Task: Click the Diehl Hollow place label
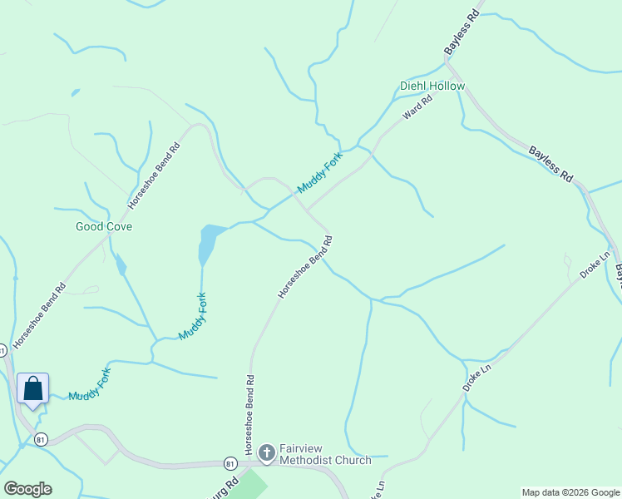[432, 86]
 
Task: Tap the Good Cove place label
[104, 226]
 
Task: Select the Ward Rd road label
[417, 109]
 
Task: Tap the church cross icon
[267, 452]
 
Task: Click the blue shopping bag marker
[32, 389]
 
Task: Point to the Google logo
[27, 489]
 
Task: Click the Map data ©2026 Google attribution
[570, 492]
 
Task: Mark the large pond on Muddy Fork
[208, 242]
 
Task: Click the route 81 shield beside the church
[230, 462]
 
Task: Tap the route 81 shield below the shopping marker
[42, 438]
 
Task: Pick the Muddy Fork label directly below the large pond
[192, 316]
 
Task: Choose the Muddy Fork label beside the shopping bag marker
[89, 384]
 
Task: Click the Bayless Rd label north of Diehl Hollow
[462, 33]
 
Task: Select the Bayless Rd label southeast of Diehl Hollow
[551, 165]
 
